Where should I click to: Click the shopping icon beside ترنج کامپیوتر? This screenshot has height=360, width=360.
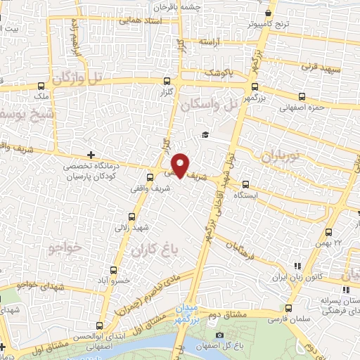pos(268,13)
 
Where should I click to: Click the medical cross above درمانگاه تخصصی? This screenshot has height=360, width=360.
pos(91,155)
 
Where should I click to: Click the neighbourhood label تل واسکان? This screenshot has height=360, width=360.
pos(215,107)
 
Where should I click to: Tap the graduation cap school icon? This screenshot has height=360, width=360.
pos(205,135)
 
